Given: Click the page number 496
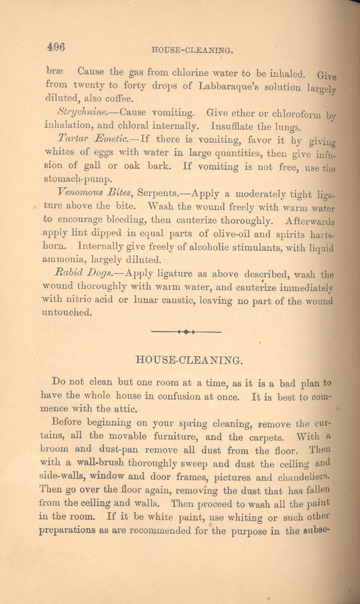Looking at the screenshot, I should [55, 46].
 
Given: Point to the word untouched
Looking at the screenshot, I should [66, 312].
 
